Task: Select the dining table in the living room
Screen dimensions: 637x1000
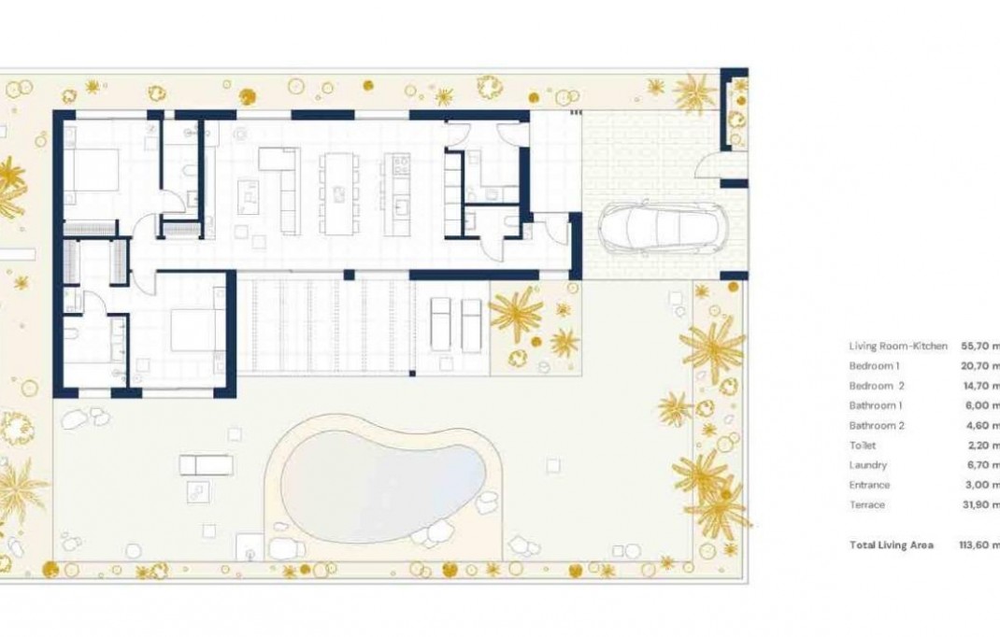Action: [x=337, y=193]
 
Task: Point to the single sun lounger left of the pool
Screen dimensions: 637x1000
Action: [x=206, y=463]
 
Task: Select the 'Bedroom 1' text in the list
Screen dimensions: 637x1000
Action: [x=874, y=365]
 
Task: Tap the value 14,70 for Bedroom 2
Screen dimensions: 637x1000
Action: [x=980, y=386]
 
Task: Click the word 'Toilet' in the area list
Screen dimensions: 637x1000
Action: [x=863, y=446]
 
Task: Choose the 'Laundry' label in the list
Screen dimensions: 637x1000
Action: [x=868, y=465]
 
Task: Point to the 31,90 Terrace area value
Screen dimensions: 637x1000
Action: [x=980, y=505]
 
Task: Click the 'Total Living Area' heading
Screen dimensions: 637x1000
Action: [x=891, y=545]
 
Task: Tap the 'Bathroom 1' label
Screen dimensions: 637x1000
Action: [x=876, y=405]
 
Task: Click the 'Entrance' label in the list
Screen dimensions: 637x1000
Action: [x=869, y=485]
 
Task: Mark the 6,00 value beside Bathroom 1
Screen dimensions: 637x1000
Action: [x=980, y=405]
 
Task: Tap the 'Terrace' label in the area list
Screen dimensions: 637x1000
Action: [x=867, y=505]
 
